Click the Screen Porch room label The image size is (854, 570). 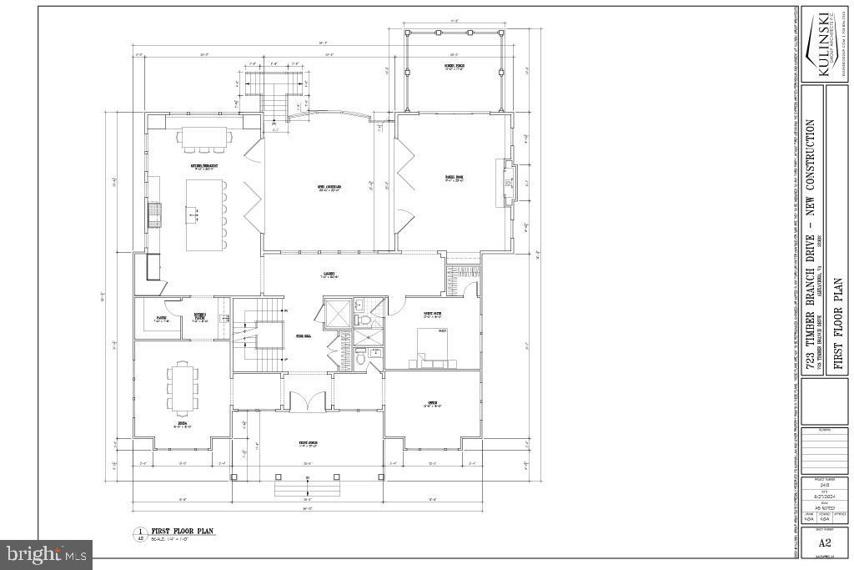[x=454, y=67]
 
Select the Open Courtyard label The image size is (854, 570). [x=319, y=186]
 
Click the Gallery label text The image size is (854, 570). [x=329, y=275]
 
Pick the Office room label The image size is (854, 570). [x=433, y=404]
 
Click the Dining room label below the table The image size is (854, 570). [x=183, y=424]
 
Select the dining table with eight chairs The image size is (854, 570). [x=183, y=387]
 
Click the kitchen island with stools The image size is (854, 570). [x=203, y=214]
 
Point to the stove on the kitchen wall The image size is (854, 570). [x=153, y=214]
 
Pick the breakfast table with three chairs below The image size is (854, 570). [x=204, y=137]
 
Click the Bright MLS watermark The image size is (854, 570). [x=47, y=553]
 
